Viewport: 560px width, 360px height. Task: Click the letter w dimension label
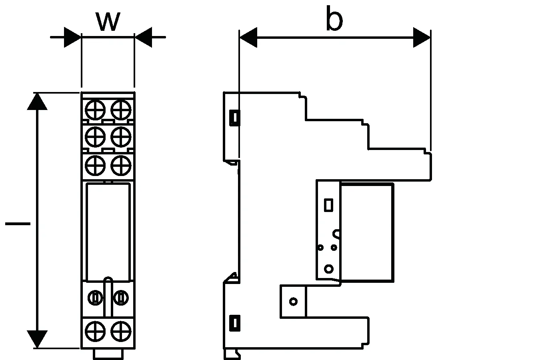(108, 22)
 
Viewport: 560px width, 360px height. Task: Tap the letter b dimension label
(334, 19)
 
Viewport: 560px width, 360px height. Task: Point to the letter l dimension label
(18, 224)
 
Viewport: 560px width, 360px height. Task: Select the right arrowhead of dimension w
(143, 37)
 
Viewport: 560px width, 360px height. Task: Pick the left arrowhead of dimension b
(248, 38)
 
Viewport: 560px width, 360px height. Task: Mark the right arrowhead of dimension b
(422, 38)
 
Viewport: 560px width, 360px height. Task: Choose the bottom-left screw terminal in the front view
(95, 332)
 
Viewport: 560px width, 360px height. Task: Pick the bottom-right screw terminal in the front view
(121, 332)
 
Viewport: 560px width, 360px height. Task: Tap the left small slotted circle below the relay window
(95, 298)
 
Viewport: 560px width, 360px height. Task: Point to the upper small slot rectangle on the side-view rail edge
(234, 118)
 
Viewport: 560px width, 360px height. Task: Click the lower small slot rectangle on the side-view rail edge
(234, 322)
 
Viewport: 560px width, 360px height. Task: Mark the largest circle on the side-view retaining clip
(328, 269)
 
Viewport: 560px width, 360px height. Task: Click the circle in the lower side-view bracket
(293, 301)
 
